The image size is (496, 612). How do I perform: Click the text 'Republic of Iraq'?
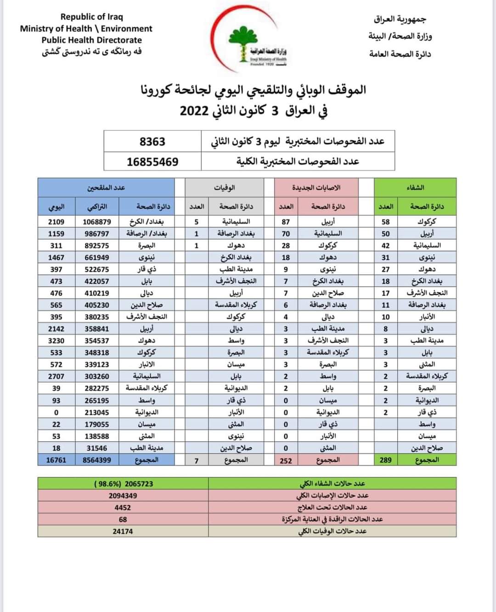coord(92,17)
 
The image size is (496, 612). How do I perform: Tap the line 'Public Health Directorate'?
coord(92,40)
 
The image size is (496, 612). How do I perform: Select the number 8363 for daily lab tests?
coord(152,142)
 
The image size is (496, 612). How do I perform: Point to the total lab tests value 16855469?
coord(152,162)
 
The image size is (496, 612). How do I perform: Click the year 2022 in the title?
coord(195,111)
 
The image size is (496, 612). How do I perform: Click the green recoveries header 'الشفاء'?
coord(415,188)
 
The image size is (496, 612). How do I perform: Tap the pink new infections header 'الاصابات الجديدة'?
coord(316,188)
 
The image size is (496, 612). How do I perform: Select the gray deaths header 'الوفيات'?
coord(225,188)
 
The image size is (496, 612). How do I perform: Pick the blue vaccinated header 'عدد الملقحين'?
coord(106,188)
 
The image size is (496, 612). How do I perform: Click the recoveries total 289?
coord(386,460)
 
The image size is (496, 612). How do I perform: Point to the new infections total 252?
coord(286,460)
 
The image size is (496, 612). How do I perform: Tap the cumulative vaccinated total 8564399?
coord(97,460)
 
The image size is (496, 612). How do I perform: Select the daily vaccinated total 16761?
coord(56,460)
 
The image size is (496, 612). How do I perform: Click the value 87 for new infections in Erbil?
coord(286,222)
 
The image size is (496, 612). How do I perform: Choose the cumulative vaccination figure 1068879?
coord(97,222)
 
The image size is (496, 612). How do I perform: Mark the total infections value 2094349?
coord(123,495)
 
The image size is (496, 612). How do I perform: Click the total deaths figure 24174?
coord(123,531)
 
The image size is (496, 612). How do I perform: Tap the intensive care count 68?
coord(123,519)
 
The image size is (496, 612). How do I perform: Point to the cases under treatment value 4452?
coord(123,507)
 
